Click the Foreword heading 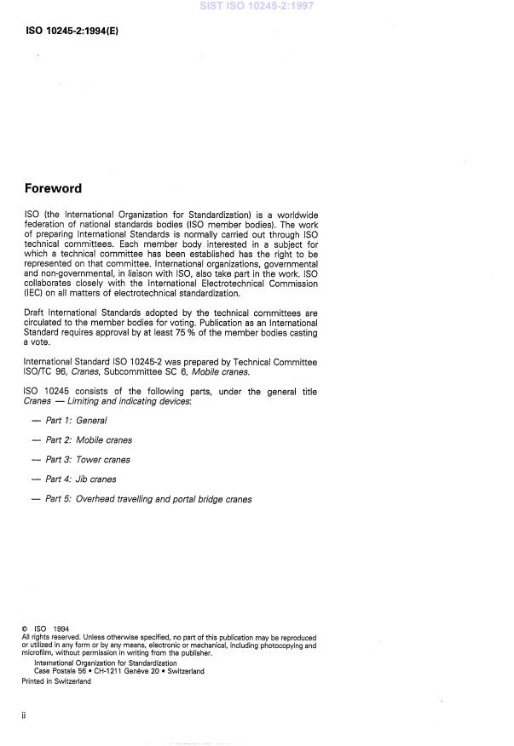pos(53,188)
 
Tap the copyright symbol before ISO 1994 pos(25,629)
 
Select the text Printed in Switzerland pos(56,681)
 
